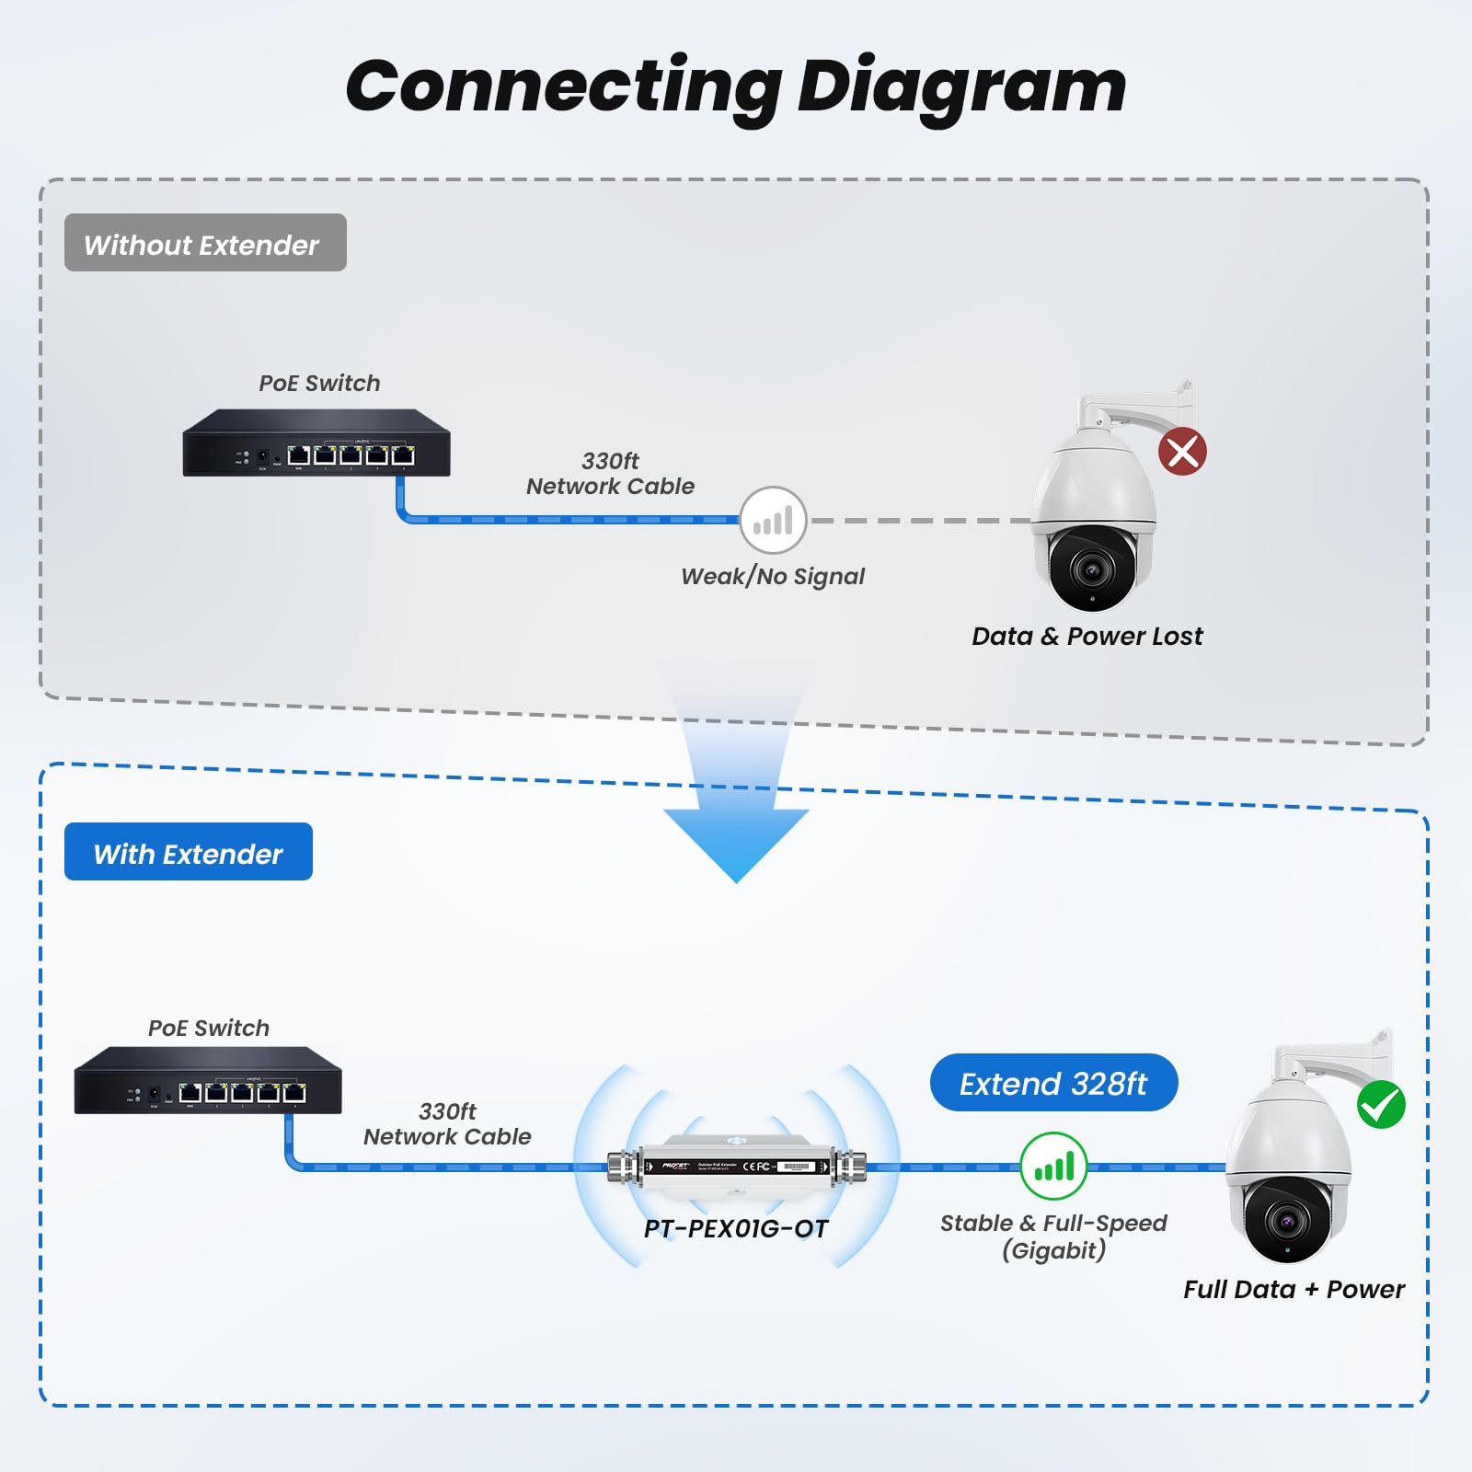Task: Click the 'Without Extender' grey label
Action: [205, 243]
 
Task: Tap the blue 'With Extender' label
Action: [189, 852]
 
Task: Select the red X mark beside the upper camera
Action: [1182, 452]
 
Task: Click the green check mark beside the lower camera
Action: [1381, 1105]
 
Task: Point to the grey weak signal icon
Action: [773, 521]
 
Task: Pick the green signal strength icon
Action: [1053, 1167]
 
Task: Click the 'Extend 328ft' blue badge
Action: [1053, 1083]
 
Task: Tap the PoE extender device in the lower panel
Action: [736, 1167]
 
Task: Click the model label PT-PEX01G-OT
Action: [736, 1228]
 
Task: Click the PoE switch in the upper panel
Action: [316, 443]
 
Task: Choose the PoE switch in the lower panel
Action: [208, 1081]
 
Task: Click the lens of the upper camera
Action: [1092, 569]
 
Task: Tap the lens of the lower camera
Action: [1286, 1222]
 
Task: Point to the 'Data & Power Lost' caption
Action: [1087, 636]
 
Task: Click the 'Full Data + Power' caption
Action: [1294, 1289]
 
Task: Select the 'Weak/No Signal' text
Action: [773, 577]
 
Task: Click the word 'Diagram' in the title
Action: [961, 87]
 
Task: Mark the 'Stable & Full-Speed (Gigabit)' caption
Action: [1053, 1236]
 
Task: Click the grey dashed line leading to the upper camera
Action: [920, 521]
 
